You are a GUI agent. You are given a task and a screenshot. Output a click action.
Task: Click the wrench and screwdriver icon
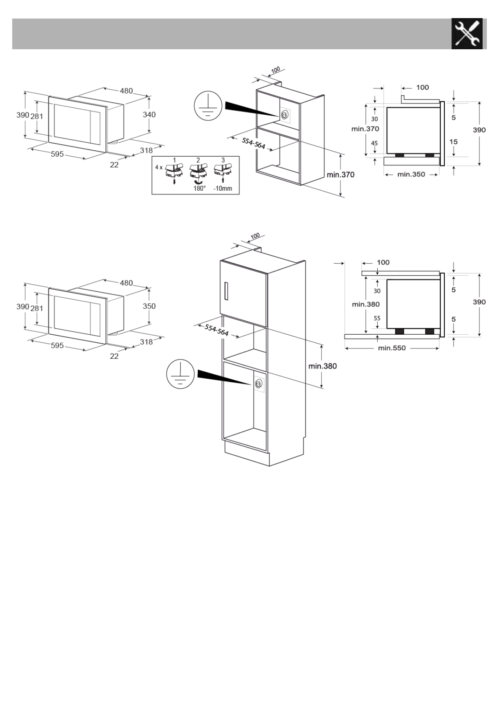[467, 34]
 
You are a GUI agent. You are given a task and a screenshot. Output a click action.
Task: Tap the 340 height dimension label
[149, 115]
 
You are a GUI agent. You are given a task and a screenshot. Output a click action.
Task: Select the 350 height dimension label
[149, 306]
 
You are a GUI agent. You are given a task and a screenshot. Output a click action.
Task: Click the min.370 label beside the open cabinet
[341, 175]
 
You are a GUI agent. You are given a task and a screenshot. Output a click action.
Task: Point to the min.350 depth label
[411, 174]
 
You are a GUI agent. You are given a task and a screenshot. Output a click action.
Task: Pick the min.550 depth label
[392, 348]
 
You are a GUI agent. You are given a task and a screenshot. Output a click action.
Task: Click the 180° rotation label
[199, 188]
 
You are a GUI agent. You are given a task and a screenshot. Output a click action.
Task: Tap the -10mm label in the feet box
[223, 188]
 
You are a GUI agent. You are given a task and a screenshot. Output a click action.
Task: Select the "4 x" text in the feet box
[158, 167]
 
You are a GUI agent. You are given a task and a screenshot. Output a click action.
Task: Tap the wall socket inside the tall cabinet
[258, 383]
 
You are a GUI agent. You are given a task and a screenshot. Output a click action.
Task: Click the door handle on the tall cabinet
[227, 291]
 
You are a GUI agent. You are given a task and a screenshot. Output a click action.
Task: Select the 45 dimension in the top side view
[374, 143]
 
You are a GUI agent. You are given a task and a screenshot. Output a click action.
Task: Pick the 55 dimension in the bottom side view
[377, 318]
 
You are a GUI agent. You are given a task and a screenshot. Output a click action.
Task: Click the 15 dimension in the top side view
[453, 142]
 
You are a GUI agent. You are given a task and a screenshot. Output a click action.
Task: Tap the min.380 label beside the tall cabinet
[322, 366]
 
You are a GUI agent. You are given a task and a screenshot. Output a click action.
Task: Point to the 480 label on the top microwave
[126, 91]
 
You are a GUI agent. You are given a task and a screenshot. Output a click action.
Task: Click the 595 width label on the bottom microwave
[57, 346]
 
